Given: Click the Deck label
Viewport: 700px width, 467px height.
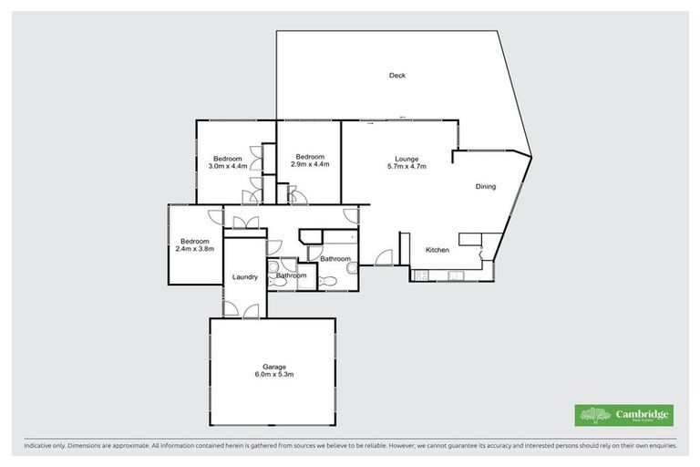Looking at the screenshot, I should [x=396, y=76].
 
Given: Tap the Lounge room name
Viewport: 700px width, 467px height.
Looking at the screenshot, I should [x=407, y=158].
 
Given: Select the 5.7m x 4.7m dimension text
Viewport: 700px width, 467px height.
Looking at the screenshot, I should [x=407, y=166].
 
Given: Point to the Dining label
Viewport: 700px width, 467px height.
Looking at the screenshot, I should [x=485, y=187].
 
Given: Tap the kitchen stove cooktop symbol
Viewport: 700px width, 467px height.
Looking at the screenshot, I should [x=423, y=275].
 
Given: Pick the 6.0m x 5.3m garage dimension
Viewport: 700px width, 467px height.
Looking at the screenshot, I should [x=273, y=375].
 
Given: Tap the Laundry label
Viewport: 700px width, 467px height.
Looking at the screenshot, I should [x=244, y=277].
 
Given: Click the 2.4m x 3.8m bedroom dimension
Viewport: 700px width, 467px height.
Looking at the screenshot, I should [x=195, y=248].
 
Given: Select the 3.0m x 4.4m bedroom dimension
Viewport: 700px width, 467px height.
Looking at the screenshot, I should [x=228, y=166].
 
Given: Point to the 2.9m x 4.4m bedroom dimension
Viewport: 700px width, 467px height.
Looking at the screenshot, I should [x=310, y=165].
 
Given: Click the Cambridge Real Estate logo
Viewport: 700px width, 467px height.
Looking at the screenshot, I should [x=623, y=415].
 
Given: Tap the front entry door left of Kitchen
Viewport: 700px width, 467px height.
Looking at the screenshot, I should [x=384, y=257].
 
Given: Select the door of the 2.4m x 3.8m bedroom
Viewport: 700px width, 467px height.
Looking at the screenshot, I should [x=215, y=217].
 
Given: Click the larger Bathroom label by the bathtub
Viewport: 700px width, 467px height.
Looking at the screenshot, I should [x=335, y=259].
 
